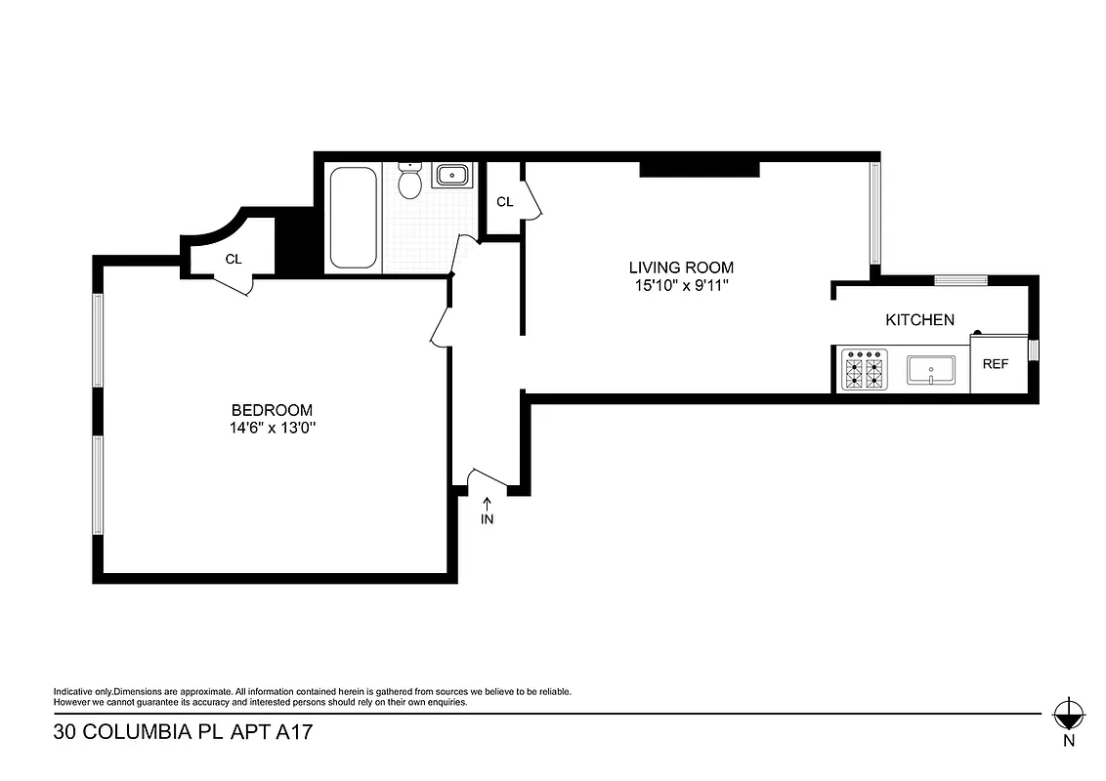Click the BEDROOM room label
pyautogui.click(x=272, y=410)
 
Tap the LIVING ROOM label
pyautogui.click(x=680, y=267)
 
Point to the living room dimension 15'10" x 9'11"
pyautogui.click(x=680, y=285)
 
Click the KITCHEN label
pyautogui.click(x=919, y=319)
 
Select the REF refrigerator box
pyautogui.click(x=995, y=363)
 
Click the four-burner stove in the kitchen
pyautogui.click(x=864, y=371)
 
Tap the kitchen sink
pyautogui.click(x=930, y=371)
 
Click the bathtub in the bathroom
pyautogui.click(x=353, y=218)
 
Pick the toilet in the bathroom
pyautogui.click(x=410, y=182)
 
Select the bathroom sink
pyautogui.click(x=450, y=176)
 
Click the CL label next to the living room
pyautogui.click(x=504, y=202)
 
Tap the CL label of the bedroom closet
pyautogui.click(x=234, y=259)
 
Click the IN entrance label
pyautogui.click(x=487, y=519)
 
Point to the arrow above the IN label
pyautogui.click(x=487, y=503)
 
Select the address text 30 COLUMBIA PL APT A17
pyautogui.click(x=183, y=732)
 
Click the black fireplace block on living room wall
pyautogui.click(x=699, y=168)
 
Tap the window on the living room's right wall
pyautogui.click(x=875, y=213)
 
